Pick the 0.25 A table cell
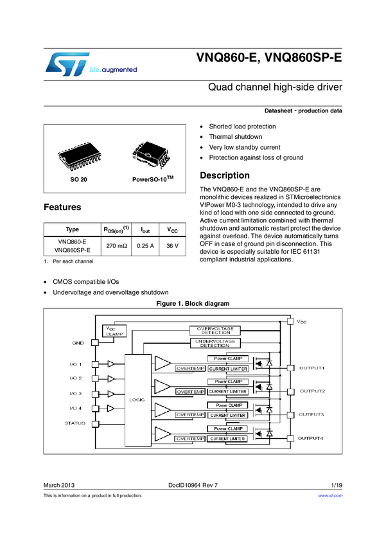[145, 246]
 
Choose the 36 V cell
[173, 246]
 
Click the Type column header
[73, 229]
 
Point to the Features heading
[62, 207]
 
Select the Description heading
[225, 175]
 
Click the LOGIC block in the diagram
[137, 399]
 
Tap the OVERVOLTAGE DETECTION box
[215, 331]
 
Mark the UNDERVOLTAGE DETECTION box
[215, 343]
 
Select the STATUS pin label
[75, 423]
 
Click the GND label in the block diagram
[77, 343]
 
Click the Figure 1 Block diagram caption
[193, 303]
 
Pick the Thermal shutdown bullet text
[235, 137]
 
